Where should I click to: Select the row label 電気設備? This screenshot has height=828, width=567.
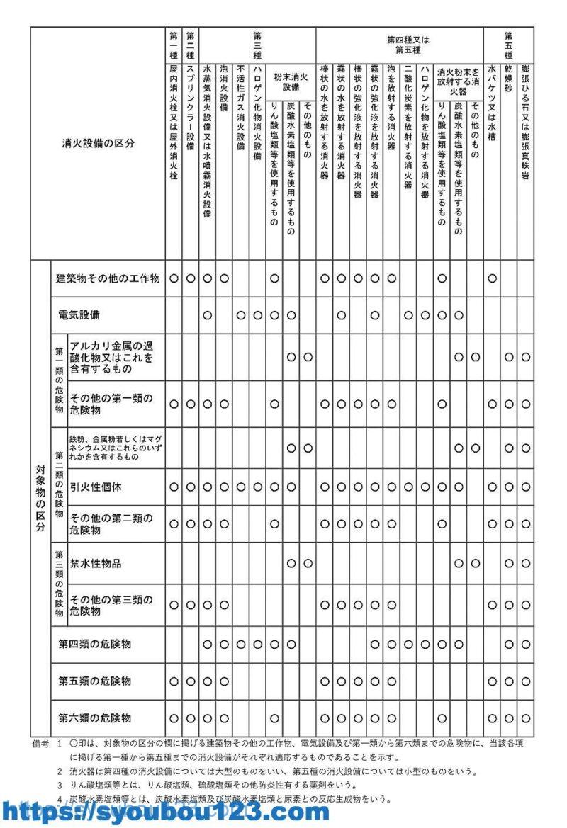tap(79, 314)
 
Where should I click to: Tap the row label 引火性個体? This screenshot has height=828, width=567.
tap(96, 487)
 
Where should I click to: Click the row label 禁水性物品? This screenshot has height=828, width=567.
tap(96, 563)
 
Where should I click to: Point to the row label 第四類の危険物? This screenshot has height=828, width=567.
tap(94, 644)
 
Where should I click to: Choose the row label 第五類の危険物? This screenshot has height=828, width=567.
tap(94, 681)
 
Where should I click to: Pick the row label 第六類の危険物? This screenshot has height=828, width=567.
tap(94, 718)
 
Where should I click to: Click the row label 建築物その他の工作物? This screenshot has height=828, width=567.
tap(108, 278)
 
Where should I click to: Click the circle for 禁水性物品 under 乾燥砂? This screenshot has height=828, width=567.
tap(509, 563)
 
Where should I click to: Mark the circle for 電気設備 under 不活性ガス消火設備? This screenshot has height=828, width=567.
tap(241, 314)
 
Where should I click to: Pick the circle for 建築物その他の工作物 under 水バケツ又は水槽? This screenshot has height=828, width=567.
tap(492, 278)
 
